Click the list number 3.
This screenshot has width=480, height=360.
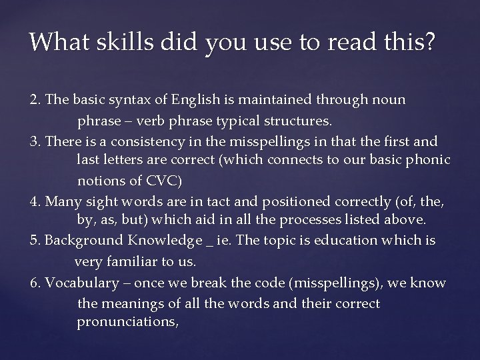pos(35,141)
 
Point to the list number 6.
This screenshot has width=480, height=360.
pos(35,283)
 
